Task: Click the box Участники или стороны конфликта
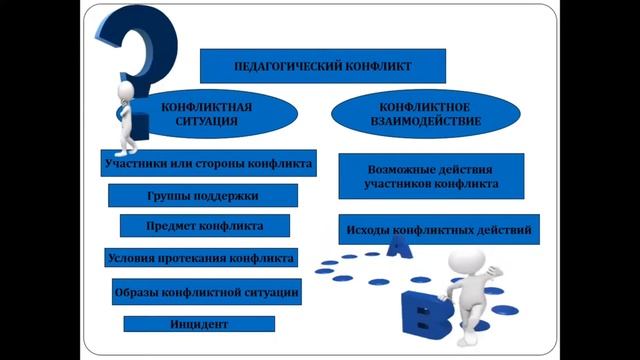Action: click(209, 163)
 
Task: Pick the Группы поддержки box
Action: click(202, 195)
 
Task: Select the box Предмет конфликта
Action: click(205, 225)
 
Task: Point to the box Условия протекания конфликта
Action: click(201, 257)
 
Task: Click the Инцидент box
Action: click(199, 324)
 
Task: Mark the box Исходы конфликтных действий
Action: click(439, 231)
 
